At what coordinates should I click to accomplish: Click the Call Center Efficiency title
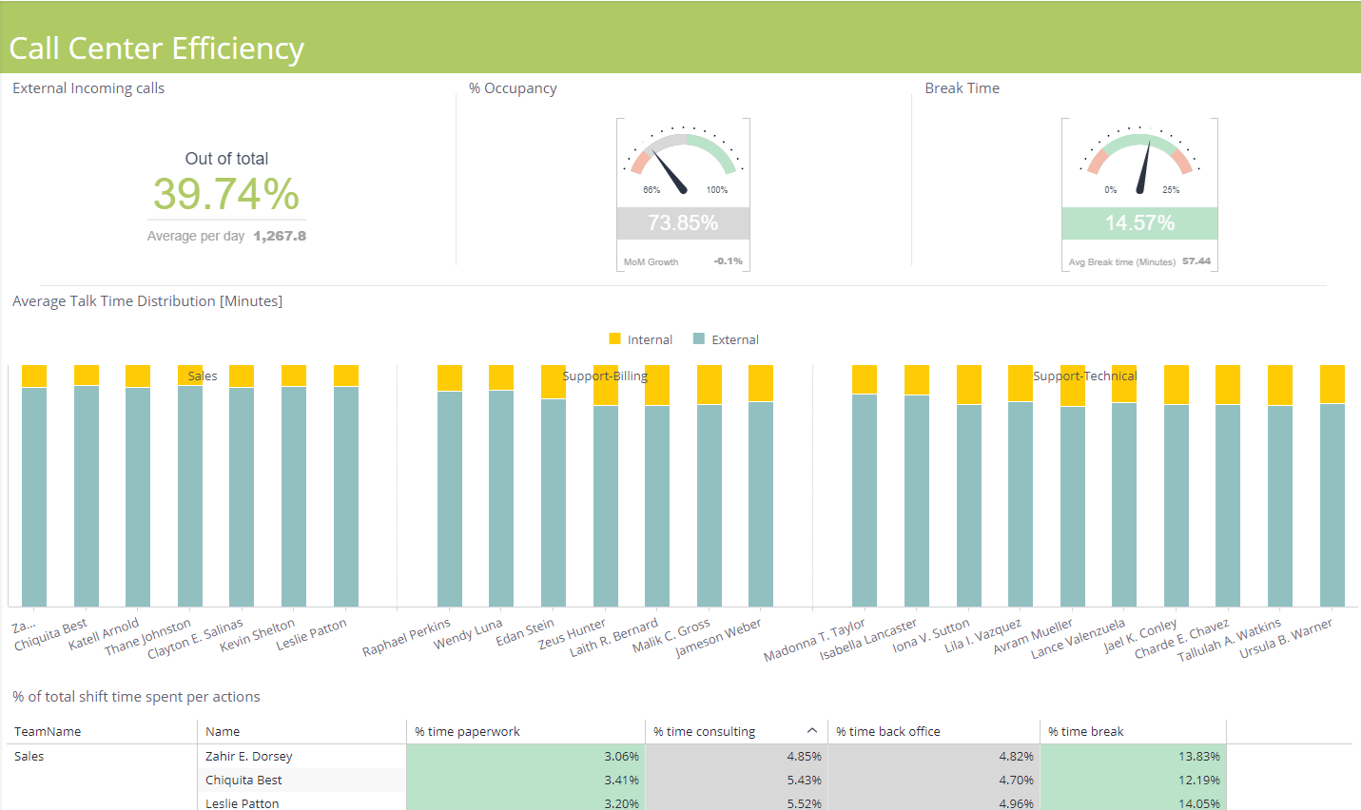point(157,48)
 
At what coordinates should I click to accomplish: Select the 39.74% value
point(226,194)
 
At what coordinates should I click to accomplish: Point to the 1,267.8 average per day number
point(280,236)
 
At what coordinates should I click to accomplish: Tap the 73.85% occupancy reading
point(683,223)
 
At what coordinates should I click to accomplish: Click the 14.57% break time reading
point(1139,223)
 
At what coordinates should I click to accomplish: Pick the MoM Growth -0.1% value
point(728,261)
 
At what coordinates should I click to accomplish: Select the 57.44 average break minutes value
point(1196,261)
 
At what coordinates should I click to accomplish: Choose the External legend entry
point(727,339)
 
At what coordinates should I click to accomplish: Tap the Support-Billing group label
point(605,376)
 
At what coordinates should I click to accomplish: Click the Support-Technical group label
point(1084,376)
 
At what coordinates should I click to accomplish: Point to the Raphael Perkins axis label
point(407,637)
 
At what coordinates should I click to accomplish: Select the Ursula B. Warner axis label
point(1286,638)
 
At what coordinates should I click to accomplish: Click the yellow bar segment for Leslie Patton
point(346,376)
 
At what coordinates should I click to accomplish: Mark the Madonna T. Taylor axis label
point(815,640)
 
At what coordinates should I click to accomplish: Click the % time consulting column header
point(705,731)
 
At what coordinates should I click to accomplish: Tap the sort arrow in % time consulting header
point(812,730)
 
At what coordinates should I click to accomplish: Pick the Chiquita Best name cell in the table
point(243,780)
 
